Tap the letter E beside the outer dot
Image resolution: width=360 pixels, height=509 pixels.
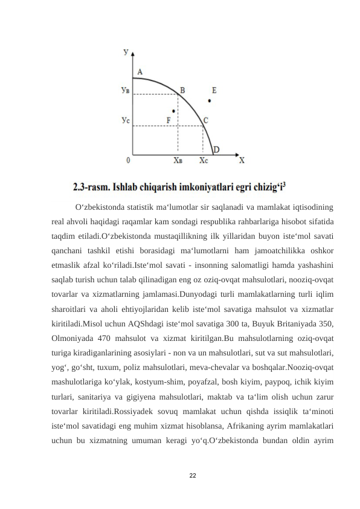click(x=214, y=90)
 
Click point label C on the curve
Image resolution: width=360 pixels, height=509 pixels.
click(x=206, y=120)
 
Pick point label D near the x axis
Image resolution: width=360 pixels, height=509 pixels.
click(x=216, y=150)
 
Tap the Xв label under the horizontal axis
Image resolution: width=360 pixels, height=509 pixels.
click(x=178, y=161)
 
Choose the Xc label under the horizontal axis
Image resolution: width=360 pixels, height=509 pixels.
click(x=204, y=161)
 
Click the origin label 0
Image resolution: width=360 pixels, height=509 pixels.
click(x=128, y=161)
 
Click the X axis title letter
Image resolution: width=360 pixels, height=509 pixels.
click(x=242, y=161)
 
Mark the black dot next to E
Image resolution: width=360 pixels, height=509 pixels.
click(x=209, y=100)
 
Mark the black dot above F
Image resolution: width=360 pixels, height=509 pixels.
click(x=174, y=111)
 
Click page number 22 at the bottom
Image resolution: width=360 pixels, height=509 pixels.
click(x=193, y=476)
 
